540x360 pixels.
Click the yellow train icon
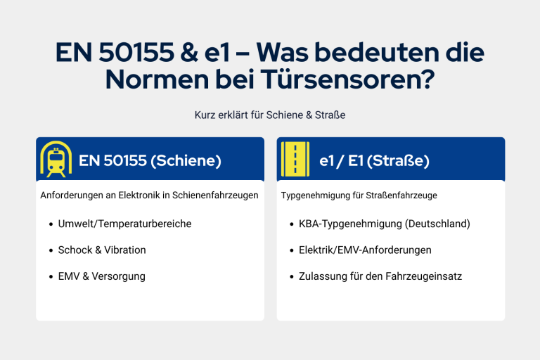click(x=56, y=159)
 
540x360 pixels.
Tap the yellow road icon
click(x=295, y=159)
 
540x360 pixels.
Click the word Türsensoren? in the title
click(x=347, y=79)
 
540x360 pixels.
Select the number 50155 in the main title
click(x=136, y=52)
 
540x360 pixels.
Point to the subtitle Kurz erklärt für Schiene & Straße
click(x=270, y=115)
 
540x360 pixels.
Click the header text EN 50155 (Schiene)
click(x=150, y=160)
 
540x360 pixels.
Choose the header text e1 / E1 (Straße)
click(x=374, y=160)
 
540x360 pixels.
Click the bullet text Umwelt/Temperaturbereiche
click(x=124, y=224)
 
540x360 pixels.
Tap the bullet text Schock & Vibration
click(x=102, y=250)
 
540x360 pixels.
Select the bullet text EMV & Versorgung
click(x=101, y=276)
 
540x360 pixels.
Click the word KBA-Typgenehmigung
click(x=350, y=224)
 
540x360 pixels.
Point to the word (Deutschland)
click(x=437, y=224)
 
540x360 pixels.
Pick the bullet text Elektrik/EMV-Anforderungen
click(x=365, y=250)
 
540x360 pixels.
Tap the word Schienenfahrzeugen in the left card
click(x=215, y=195)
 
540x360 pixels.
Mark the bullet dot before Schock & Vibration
click(x=51, y=250)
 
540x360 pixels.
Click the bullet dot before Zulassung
click(x=292, y=276)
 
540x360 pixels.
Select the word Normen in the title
click(x=157, y=79)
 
